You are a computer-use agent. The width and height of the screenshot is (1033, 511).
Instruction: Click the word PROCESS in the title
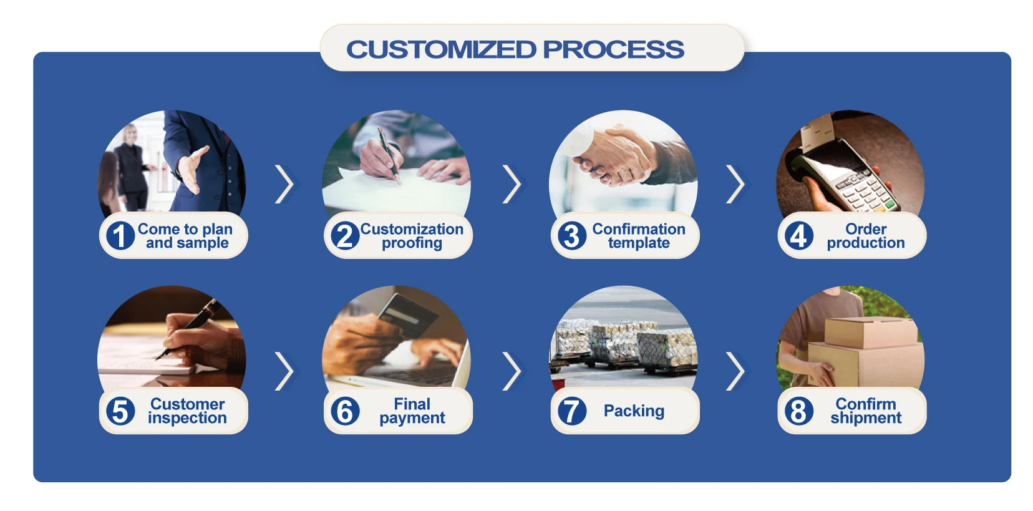[x=613, y=49]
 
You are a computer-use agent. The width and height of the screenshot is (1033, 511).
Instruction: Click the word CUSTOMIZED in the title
[x=441, y=49]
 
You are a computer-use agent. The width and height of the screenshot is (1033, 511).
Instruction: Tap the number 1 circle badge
[x=120, y=236]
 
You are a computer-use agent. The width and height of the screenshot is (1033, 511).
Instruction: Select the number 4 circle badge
[x=798, y=236]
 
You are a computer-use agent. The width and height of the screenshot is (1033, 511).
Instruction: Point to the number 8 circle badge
[x=798, y=411]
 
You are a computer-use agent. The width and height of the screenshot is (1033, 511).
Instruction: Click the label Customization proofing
[x=412, y=236]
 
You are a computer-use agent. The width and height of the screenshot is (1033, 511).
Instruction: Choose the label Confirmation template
[x=638, y=236]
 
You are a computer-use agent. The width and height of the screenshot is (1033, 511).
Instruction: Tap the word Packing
[x=634, y=411]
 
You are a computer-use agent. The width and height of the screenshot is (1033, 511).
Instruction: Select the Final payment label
[x=412, y=411]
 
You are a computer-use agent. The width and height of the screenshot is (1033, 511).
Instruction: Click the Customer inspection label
[x=187, y=411]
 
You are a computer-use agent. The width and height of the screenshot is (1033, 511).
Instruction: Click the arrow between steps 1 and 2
[x=284, y=184]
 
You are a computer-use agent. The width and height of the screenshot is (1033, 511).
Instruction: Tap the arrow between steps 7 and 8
[x=736, y=371]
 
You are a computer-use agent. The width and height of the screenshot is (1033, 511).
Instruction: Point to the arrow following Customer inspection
[x=284, y=371]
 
